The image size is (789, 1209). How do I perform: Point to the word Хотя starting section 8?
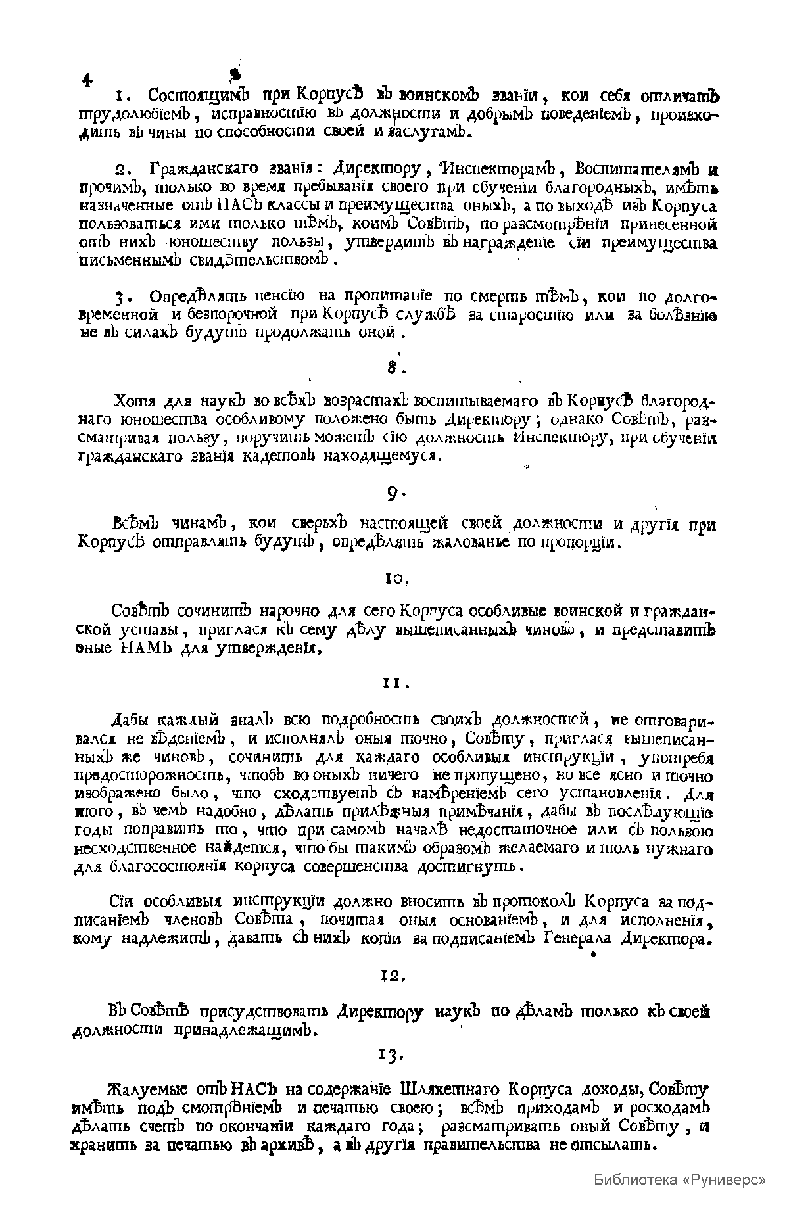(131, 401)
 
